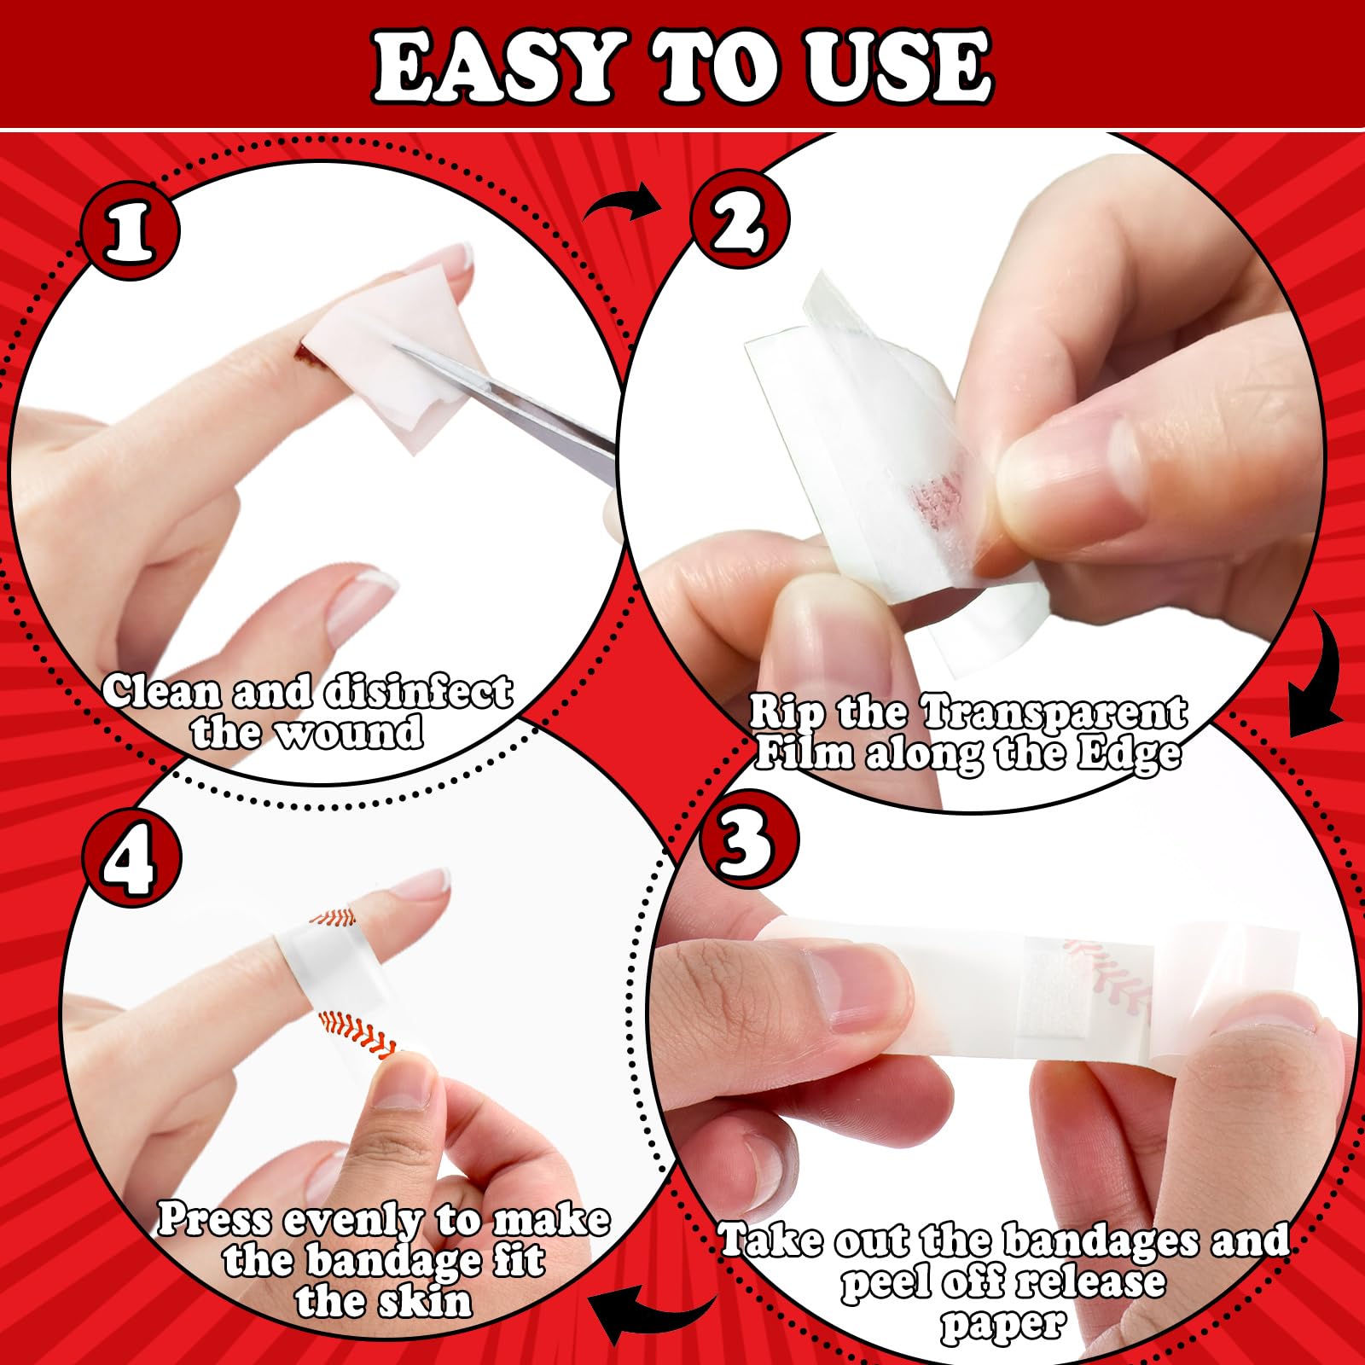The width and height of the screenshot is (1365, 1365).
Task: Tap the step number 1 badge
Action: tap(130, 230)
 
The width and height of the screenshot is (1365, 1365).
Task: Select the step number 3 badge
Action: tap(748, 839)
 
